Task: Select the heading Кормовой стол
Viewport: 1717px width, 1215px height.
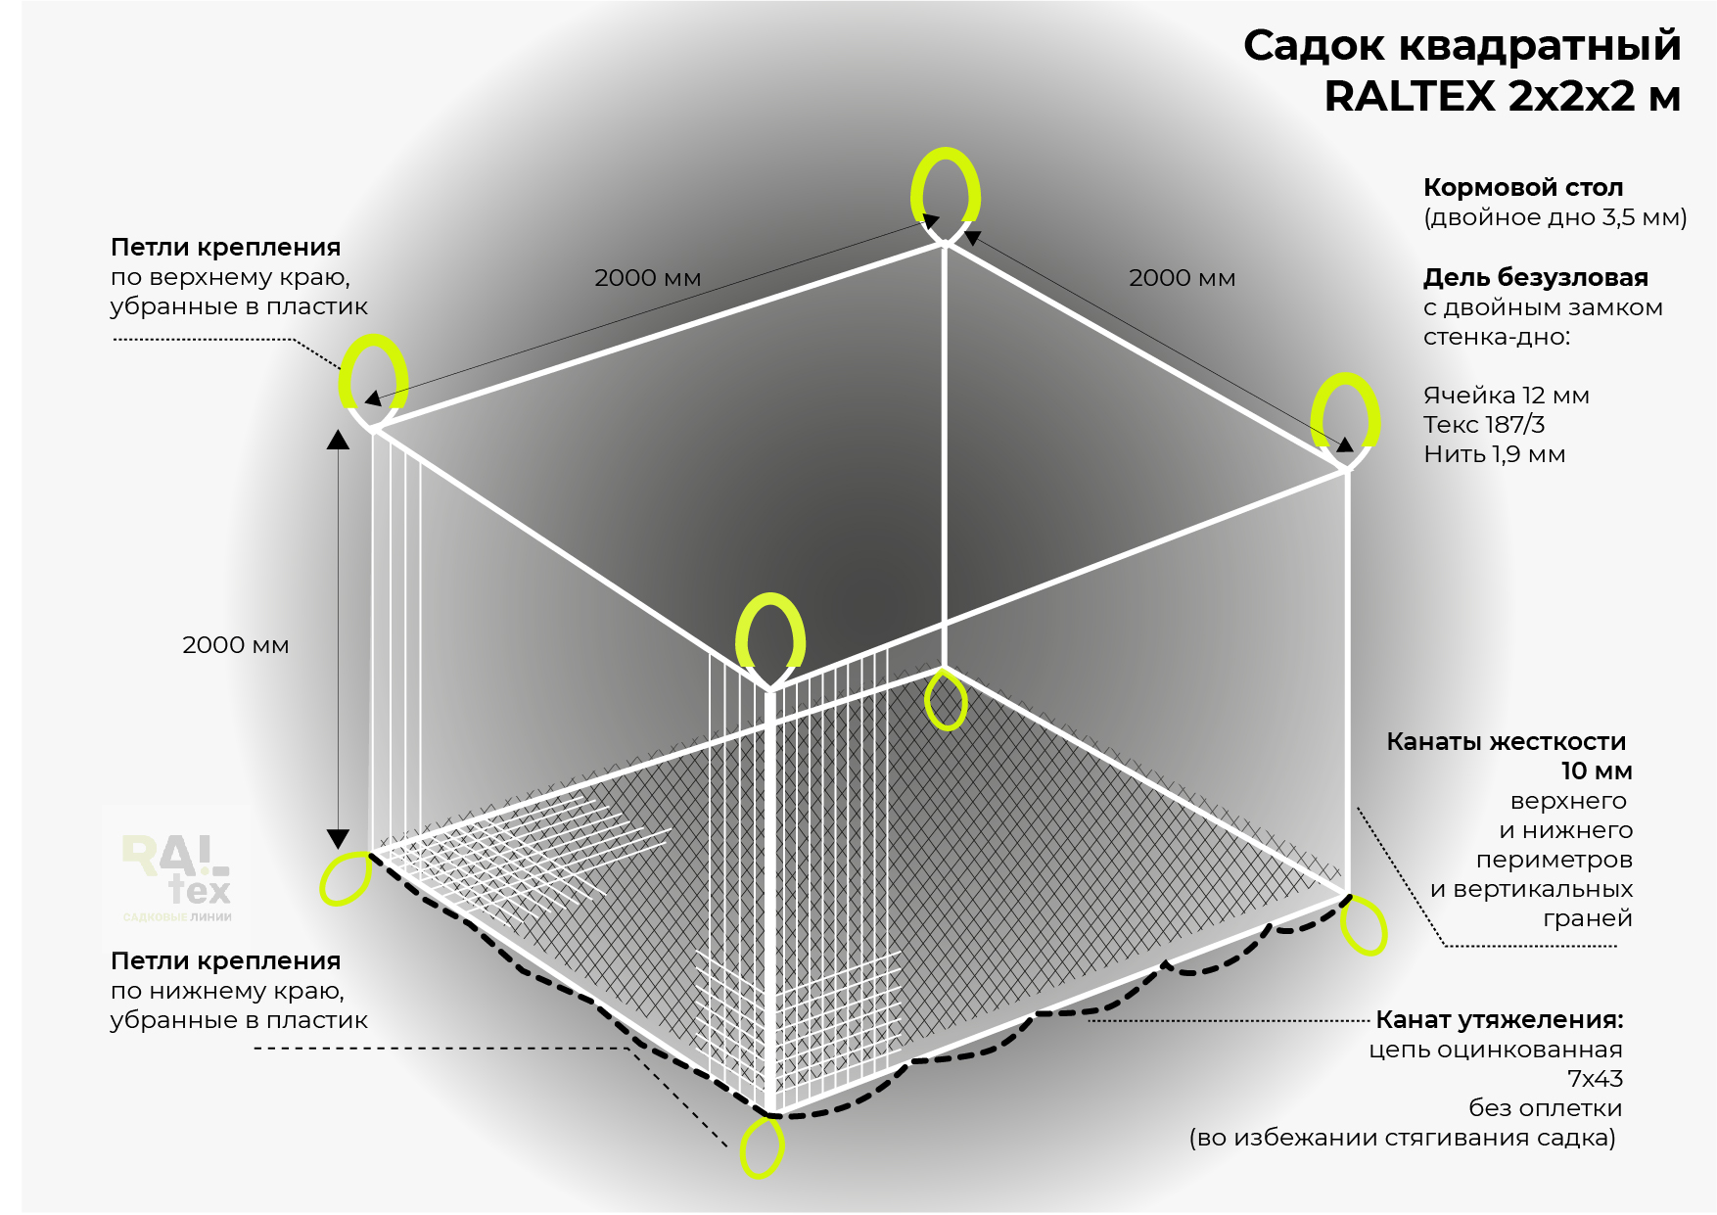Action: pos(1523,187)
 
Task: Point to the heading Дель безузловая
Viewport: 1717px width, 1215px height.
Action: pos(1536,277)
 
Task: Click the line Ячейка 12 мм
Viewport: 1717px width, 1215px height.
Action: pos(1507,396)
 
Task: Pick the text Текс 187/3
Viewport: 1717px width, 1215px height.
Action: pos(1484,425)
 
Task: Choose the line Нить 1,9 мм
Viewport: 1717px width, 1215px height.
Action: pos(1495,454)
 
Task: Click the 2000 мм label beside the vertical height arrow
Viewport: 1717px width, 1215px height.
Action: pos(236,645)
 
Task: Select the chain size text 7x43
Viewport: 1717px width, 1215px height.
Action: pos(1595,1079)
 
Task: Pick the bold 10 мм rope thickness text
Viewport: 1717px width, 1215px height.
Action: pos(1596,771)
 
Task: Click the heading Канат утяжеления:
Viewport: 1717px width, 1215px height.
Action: pos(1500,1020)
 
